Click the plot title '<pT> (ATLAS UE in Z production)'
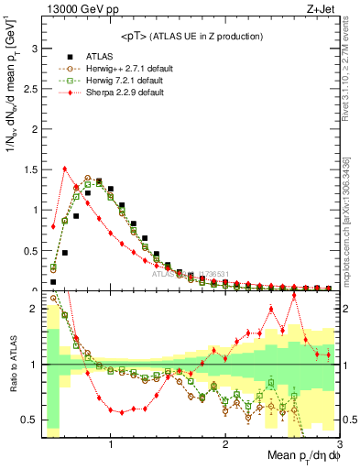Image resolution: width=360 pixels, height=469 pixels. (x=191, y=36)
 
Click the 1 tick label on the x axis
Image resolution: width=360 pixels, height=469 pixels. (x=111, y=444)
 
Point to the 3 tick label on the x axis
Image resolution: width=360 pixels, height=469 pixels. (x=339, y=444)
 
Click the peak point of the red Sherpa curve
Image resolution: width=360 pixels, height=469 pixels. (x=65, y=168)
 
